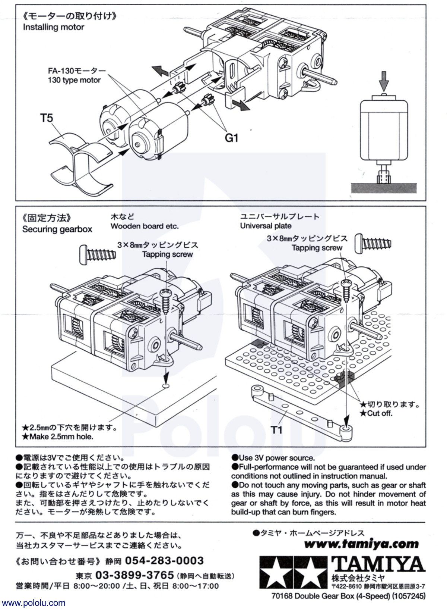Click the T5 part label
(x=47, y=118)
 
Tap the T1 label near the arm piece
(x=276, y=430)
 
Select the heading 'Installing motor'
(x=53, y=27)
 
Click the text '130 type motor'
(x=74, y=80)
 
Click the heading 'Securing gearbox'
(x=57, y=229)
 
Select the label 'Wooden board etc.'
(x=145, y=226)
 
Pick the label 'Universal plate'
(x=266, y=226)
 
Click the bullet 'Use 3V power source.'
(x=273, y=458)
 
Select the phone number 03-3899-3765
(x=134, y=575)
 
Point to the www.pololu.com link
(x=33, y=603)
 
